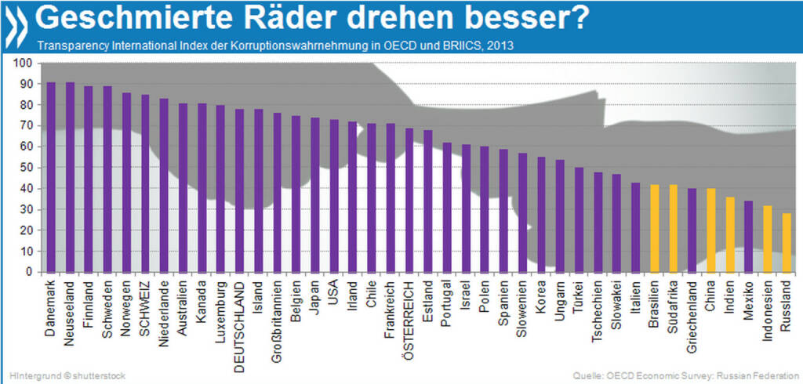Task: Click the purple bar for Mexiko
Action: (748, 236)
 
